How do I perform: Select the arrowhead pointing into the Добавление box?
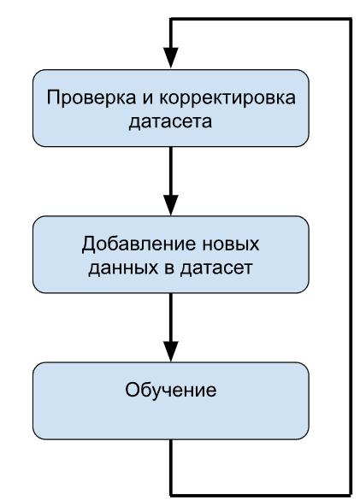pyautogui.click(x=172, y=206)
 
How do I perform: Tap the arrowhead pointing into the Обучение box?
pyautogui.click(x=172, y=353)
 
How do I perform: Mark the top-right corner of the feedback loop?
pyautogui.click(x=350, y=18)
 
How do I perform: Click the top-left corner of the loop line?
pyautogui.click(x=172, y=18)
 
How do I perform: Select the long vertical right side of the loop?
pyautogui.click(x=350, y=256)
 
